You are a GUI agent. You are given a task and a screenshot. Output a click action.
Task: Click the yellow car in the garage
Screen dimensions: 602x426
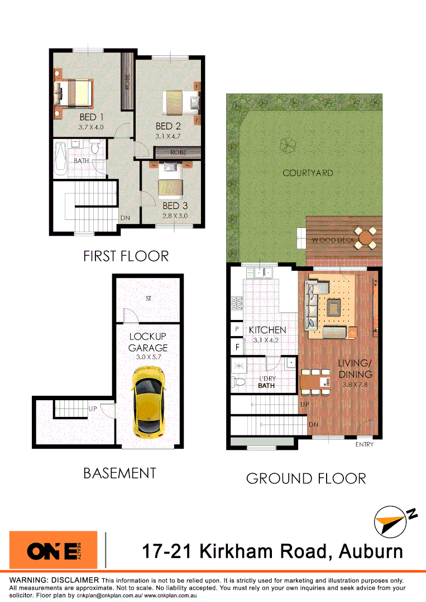pyautogui.click(x=149, y=401)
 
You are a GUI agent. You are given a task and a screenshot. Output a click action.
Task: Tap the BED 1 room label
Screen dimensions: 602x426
pyautogui.click(x=92, y=117)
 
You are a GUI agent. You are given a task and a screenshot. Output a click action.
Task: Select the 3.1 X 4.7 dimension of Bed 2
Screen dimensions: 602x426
pyautogui.click(x=168, y=135)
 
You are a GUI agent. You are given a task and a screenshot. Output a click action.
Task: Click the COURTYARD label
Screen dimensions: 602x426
pyautogui.click(x=308, y=173)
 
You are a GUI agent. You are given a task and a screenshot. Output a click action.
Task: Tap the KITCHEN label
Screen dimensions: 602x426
pyautogui.click(x=267, y=330)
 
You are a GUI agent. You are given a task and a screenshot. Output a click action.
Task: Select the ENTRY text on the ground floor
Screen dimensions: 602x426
pyautogui.click(x=364, y=445)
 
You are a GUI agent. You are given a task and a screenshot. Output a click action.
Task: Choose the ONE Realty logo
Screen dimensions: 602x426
pyautogui.click(x=54, y=551)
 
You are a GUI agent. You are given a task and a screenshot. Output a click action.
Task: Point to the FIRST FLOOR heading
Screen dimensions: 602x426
pyautogui.click(x=126, y=256)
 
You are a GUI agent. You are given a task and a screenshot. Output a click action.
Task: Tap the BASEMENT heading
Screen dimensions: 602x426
pyautogui.click(x=119, y=473)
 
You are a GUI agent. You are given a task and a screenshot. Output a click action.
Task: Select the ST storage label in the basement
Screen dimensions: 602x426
pyautogui.click(x=149, y=299)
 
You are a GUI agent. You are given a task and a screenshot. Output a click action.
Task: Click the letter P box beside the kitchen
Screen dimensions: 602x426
pyautogui.click(x=237, y=330)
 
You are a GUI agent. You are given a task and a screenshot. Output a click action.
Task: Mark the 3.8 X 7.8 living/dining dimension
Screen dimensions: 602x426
pyautogui.click(x=355, y=383)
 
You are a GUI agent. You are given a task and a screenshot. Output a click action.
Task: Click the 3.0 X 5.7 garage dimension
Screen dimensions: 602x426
pyautogui.click(x=149, y=358)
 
